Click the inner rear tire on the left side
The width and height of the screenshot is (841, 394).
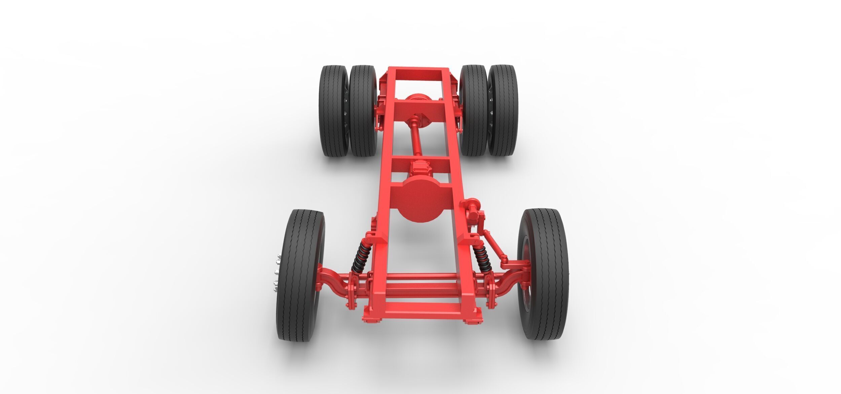point(363,111)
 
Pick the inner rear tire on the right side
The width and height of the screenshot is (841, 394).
point(474,111)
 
